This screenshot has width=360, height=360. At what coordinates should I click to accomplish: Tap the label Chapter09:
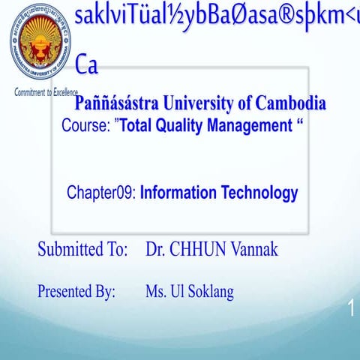(x=100, y=193)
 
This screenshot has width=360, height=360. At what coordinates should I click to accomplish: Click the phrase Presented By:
(x=76, y=292)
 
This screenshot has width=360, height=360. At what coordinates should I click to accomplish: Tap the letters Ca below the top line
(x=87, y=66)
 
